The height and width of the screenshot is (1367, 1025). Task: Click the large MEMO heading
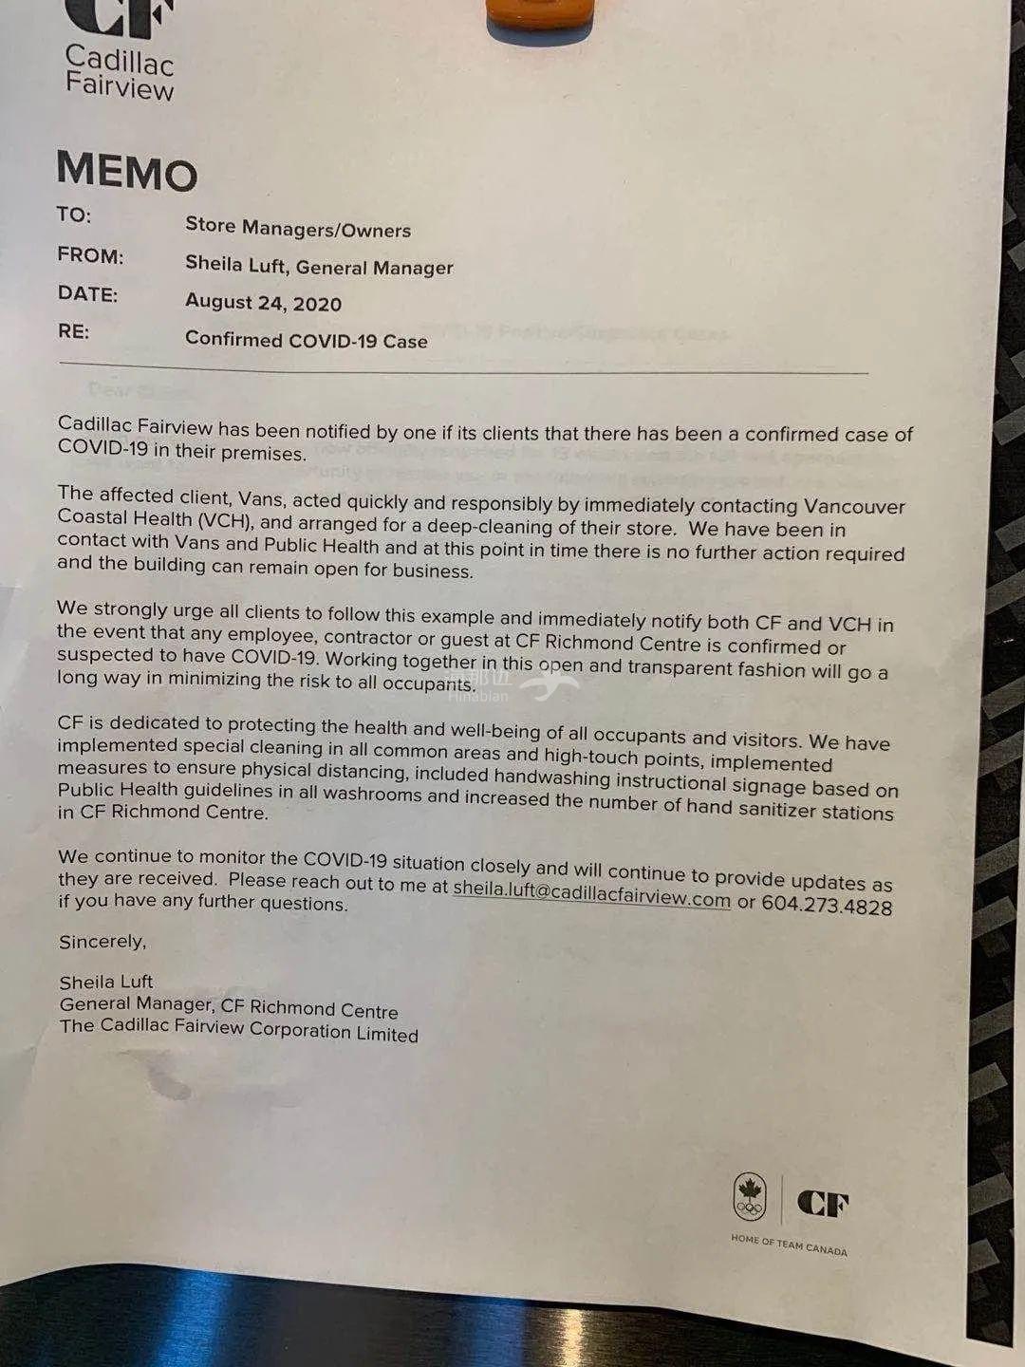[x=126, y=172]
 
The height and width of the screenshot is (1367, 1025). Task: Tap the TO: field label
[x=74, y=215]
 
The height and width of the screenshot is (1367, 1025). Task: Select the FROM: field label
[x=90, y=255]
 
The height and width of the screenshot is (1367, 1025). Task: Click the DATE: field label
[x=87, y=293]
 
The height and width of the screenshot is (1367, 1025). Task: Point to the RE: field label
[x=73, y=331]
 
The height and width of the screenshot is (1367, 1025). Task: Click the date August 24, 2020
[x=263, y=303]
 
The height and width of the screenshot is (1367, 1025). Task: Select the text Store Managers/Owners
[x=298, y=227]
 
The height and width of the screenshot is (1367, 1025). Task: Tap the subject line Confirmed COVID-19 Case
[x=306, y=340]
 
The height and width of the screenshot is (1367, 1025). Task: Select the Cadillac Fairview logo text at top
[x=120, y=72]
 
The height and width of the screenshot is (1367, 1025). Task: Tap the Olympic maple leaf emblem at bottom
[x=750, y=1198]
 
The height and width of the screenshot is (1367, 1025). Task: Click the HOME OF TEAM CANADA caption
[x=789, y=1245]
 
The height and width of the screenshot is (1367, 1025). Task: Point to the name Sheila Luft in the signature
[x=105, y=982]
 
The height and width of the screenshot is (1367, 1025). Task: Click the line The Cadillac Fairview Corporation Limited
[x=239, y=1029]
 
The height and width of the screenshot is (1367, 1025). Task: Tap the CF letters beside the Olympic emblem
[x=823, y=1204]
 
